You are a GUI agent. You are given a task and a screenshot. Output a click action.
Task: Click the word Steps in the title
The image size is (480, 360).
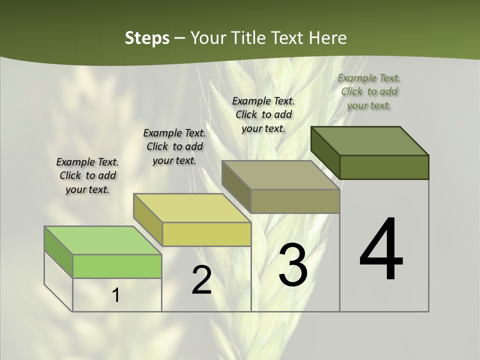point(147,38)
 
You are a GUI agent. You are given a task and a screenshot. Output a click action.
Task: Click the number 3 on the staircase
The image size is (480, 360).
point(292,264)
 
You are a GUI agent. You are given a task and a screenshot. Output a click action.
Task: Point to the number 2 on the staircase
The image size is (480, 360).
point(201,280)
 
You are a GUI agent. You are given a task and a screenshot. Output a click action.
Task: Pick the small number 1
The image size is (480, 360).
point(116,295)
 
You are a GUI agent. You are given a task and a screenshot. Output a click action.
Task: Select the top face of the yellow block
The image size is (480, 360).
point(192,208)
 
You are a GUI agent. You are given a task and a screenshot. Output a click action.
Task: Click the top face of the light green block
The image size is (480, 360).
point(103,240)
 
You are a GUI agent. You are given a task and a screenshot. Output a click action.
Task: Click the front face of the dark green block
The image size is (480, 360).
point(384,167)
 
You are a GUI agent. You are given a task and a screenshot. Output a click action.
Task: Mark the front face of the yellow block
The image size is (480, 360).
point(206,234)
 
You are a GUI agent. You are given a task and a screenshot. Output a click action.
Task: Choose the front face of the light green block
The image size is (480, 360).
point(117,266)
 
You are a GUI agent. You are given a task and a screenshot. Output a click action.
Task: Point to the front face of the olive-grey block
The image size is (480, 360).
point(295,201)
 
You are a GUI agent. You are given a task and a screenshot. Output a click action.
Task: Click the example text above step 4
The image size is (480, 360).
point(369,91)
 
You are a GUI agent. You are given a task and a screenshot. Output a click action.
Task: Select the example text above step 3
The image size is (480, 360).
point(263,114)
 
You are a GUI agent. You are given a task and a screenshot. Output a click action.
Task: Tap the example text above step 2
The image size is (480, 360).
point(174,146)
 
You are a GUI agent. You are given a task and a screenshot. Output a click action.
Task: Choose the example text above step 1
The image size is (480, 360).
point(87,175)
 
